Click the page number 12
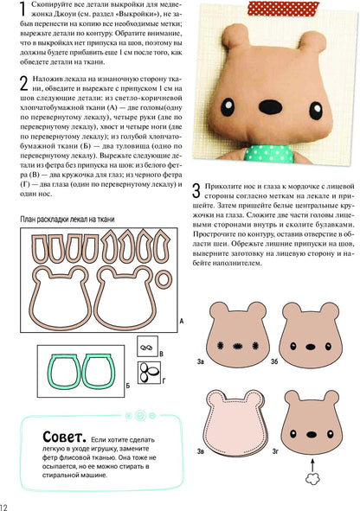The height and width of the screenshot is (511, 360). (6, 504)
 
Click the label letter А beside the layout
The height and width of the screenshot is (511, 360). (180, 321)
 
